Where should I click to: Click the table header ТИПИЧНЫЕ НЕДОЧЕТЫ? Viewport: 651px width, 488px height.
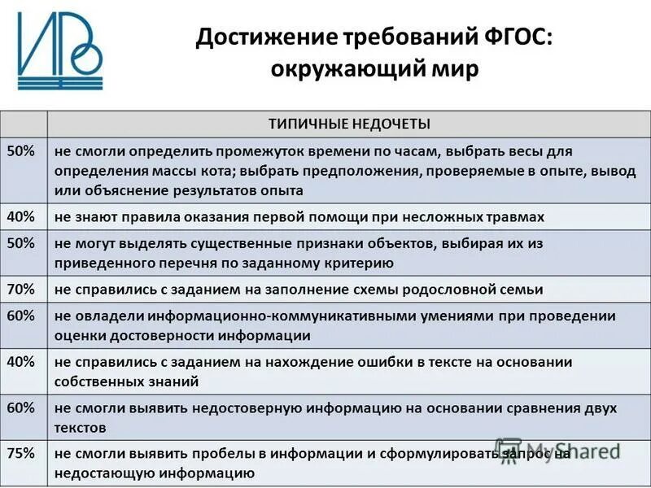pos(349,124)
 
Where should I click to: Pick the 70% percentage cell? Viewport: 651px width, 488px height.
pos(22,289)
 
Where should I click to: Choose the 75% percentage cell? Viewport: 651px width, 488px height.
pos(22,453)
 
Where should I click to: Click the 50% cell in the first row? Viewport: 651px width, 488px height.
pos(22,150)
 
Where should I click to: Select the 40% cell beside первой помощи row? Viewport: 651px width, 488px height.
pos(22,216)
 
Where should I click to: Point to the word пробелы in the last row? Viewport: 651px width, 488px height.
pos(204,453)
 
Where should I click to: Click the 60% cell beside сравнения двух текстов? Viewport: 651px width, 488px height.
pos(22,407)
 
